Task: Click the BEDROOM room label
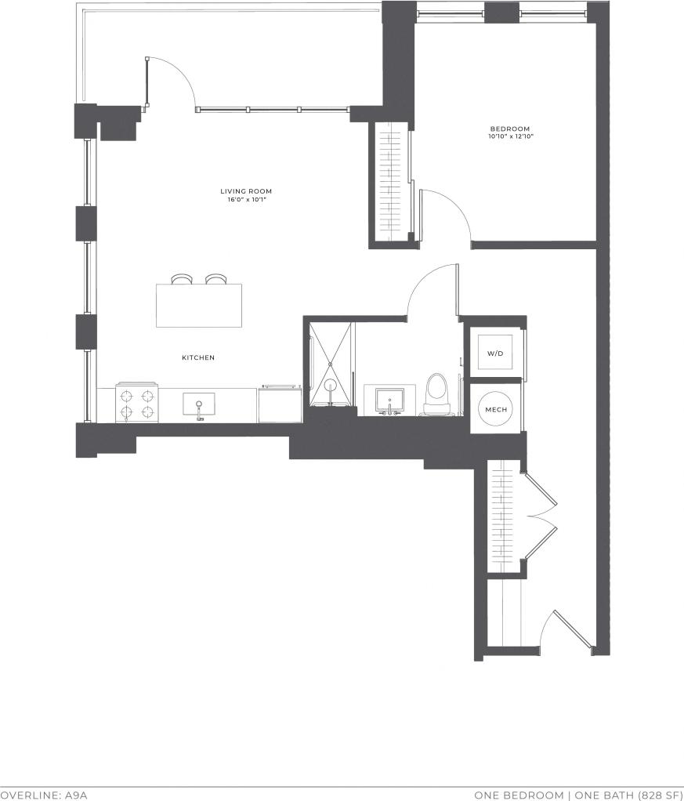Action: pyautogui.click(x=510, y=129)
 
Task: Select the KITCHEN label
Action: pyautogui.click(x=198, y=357)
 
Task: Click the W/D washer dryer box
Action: pyautogui.click(x=495, y=354)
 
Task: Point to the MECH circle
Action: pyautogui.click(x=495, y=410)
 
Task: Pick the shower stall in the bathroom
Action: pyautogui.click(x=330, y=364)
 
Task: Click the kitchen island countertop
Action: pyautogui.click(x=199, y=306)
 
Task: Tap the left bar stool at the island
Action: pyautogui.click(x=182, y=279)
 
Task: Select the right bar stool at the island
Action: pyautogui.click(x=215, y=279)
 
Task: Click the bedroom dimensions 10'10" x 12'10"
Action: pyautogui.click(x=510, y=137)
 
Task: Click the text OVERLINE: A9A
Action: pyautogui.click(x=44, y=795)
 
